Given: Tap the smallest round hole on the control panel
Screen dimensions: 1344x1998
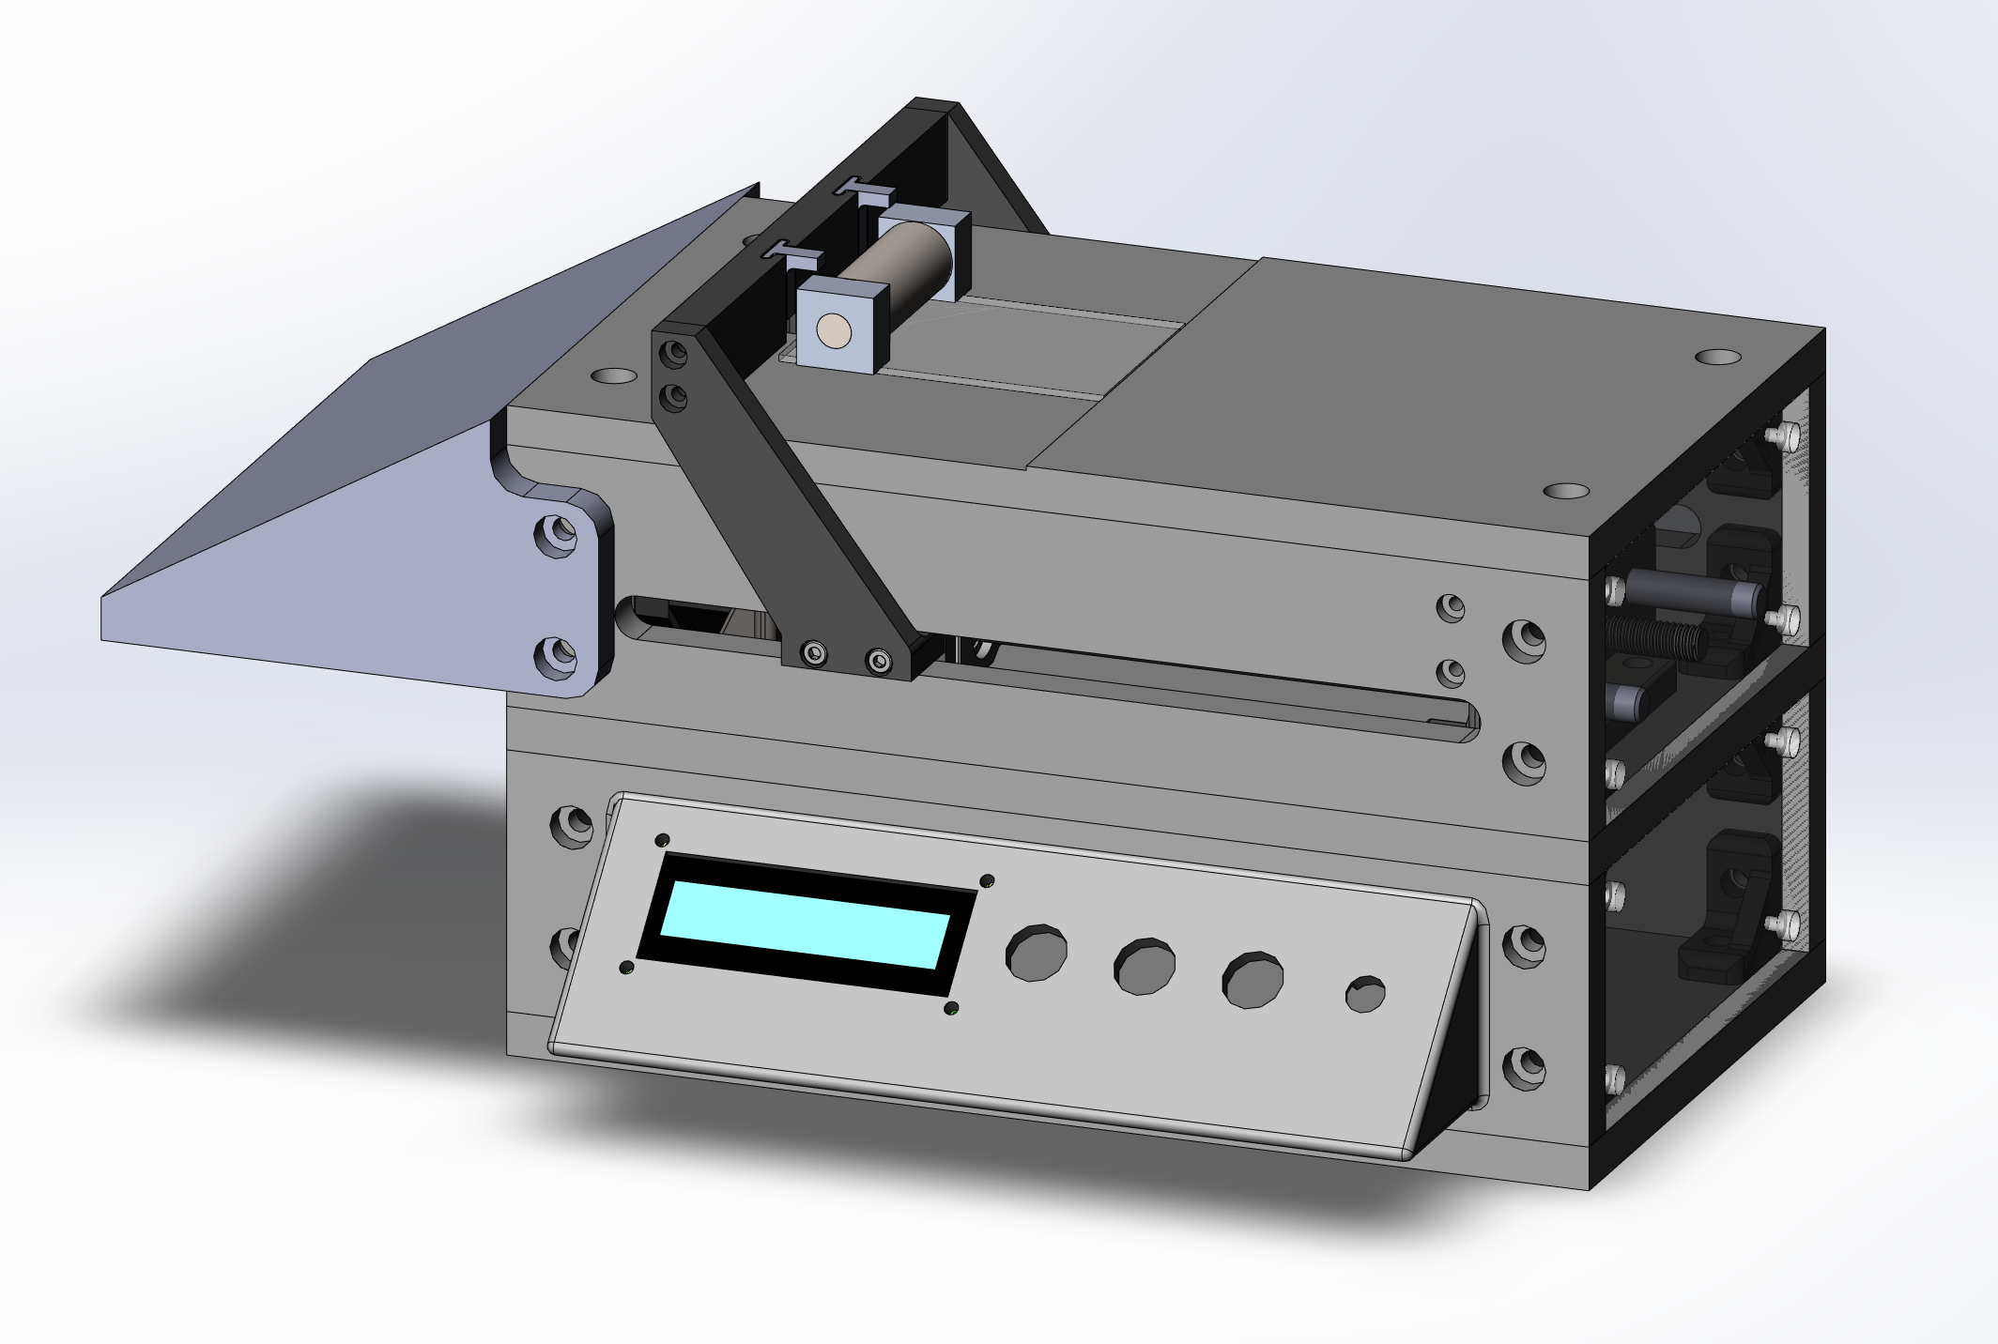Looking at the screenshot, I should tap(1364, 994).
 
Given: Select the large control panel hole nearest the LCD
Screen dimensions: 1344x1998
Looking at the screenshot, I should tap(1036, 954).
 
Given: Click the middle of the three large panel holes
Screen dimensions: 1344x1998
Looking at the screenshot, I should tap(1145, 966).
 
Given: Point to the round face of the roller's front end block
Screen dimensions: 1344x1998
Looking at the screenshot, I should tap(833, 329).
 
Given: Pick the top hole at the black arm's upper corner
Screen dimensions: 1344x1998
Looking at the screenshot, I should tap(673, 355).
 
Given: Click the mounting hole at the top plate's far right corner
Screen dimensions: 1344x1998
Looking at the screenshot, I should tap(1717, 357).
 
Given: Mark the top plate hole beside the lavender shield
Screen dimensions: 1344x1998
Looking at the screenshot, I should tap(611, 375).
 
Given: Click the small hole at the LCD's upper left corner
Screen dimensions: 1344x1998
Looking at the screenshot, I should tap(662, 840).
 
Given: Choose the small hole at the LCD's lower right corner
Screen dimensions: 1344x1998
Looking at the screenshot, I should tap(951, 1010).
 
